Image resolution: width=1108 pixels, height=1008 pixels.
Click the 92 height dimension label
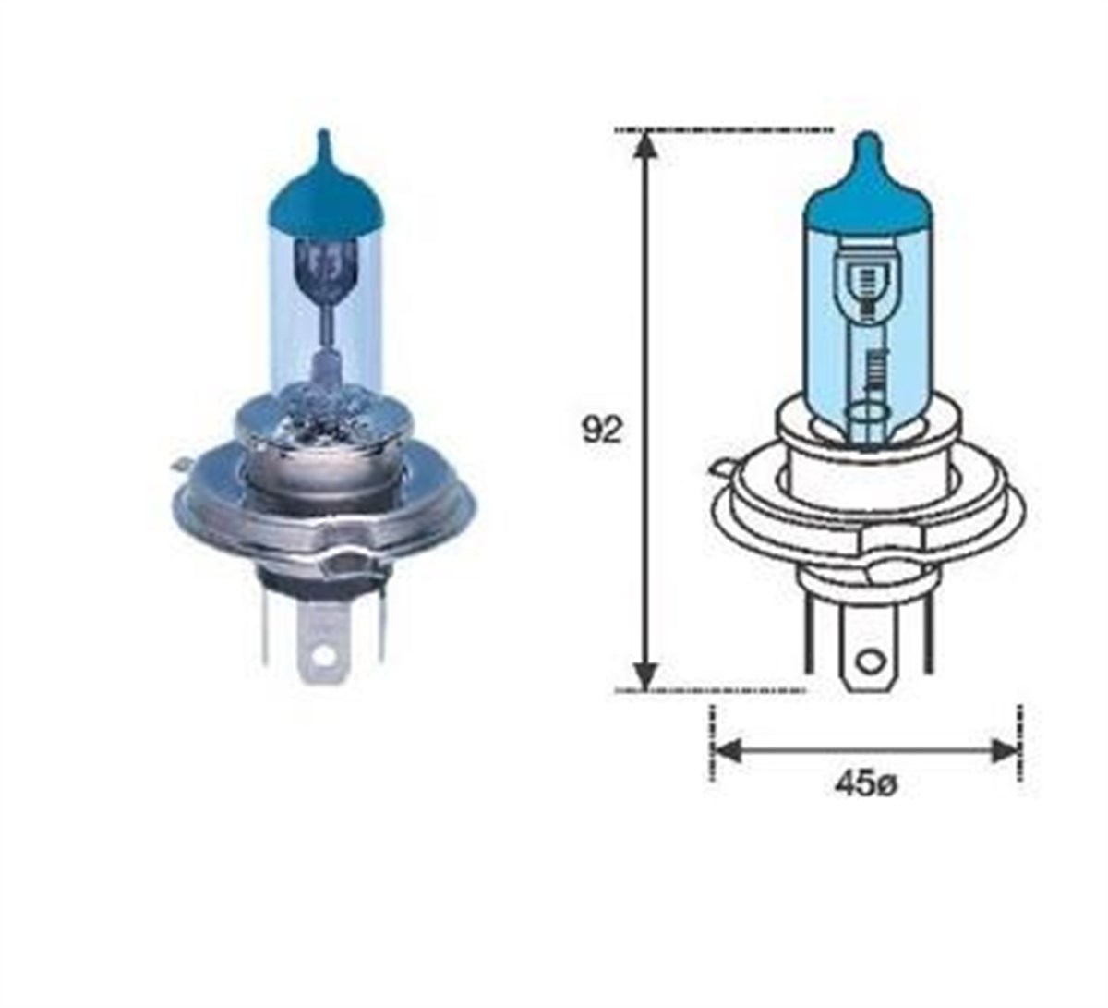pos(602,430)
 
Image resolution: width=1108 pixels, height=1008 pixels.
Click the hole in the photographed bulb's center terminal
pos(321,655)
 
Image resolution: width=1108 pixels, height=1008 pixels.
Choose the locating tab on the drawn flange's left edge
pos(717,468)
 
